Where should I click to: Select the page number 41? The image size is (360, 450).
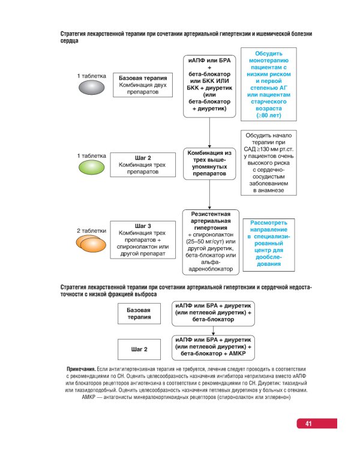coord(308,424)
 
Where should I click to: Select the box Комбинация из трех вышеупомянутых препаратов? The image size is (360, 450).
coord(209,164)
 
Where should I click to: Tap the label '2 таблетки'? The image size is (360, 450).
coord(92,230)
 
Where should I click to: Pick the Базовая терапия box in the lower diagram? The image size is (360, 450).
coord(139,313)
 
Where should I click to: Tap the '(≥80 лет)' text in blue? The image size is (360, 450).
coord(269,115)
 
